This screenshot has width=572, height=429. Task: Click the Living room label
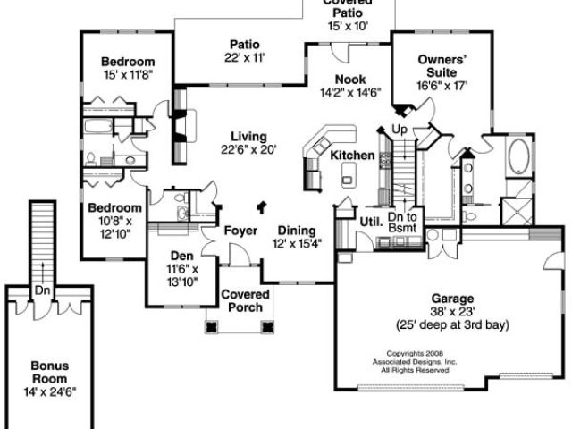coord(248,137)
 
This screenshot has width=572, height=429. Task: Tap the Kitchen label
coord(352,155)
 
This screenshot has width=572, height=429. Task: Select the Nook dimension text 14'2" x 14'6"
coord(350,93)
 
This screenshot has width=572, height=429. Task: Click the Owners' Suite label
coord(442,65)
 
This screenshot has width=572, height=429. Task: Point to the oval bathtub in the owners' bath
coord(518,156)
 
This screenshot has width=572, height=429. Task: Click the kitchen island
coord(349,175)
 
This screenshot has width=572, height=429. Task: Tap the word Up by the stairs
coord(400,129)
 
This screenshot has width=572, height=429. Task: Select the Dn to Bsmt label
coord(402,223)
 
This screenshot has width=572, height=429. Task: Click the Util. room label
coord(372,222)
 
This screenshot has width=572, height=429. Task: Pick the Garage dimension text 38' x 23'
coord(452,312)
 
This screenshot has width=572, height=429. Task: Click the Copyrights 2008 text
coord(415,353)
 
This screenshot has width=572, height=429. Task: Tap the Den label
coord(182,256)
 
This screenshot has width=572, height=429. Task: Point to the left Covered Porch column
coord(211,326)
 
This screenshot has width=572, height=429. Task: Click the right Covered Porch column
coord(267,326)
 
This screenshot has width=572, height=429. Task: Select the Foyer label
coord(240,231)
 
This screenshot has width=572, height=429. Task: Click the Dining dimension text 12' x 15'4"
coord(298,243)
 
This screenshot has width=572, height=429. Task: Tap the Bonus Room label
coord(49,372)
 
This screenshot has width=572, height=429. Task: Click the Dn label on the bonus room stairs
coord(42,290)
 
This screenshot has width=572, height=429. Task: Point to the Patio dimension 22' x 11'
coord(244,57)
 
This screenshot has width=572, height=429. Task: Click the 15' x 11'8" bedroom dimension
coord(128,75)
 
